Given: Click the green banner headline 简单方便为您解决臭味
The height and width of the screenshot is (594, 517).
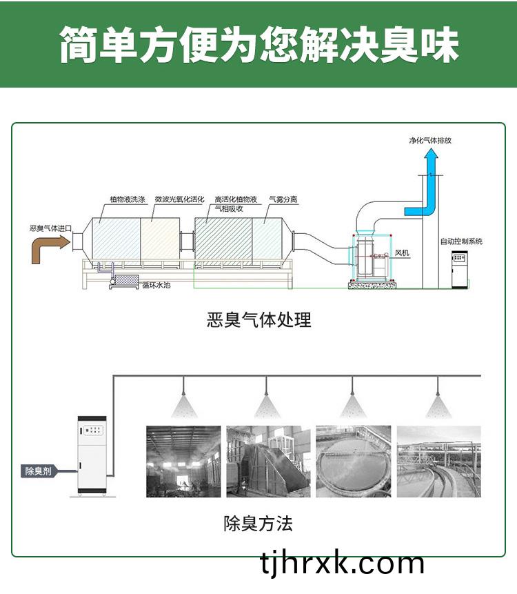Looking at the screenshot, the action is pos(259,44).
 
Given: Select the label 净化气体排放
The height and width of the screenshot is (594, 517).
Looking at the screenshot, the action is pos(430,141).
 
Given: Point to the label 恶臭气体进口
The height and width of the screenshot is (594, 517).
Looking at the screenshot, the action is pos(51,228).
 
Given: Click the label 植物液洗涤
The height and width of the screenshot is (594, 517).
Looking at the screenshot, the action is pos(128,199).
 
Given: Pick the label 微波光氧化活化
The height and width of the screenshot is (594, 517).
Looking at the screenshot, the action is pos(179,199).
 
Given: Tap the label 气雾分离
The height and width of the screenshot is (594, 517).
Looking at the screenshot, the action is pos(283,199).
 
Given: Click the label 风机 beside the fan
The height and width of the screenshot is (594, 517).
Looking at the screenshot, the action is pos(402,253).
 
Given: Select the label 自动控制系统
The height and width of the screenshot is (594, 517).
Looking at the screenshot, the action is pos(461,241).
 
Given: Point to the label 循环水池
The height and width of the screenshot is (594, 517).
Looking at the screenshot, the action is pos(156,285).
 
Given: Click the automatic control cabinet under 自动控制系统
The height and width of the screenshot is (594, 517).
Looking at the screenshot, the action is pos(460,269).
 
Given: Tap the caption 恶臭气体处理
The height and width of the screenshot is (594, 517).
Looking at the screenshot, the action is pos(259,319).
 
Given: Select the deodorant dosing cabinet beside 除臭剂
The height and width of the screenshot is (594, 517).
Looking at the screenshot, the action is pos(92,456).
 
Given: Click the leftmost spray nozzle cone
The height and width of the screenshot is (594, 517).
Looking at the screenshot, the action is pos(184,406).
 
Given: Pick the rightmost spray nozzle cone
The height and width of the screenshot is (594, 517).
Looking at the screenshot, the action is pos(438,406).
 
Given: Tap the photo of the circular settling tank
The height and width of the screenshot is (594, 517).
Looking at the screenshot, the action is pos(354,462).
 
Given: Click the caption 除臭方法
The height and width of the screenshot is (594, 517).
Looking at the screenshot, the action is pos(258,524).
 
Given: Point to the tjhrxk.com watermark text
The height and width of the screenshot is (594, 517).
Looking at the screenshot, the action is pos(342,564).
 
